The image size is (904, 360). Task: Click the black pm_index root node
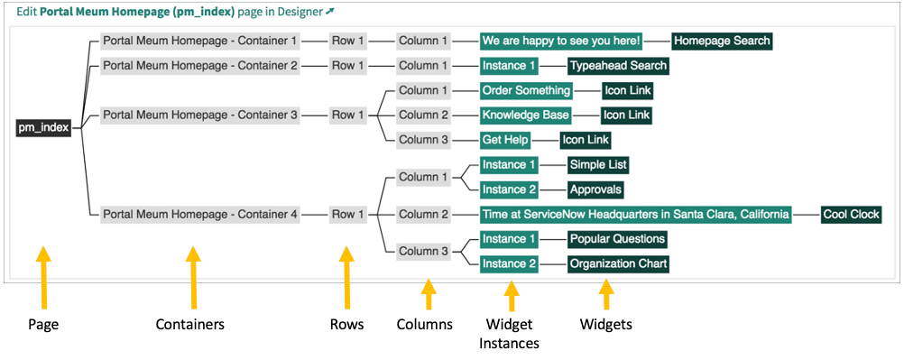coord(45,128)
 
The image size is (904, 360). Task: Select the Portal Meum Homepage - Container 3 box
coord(199,115)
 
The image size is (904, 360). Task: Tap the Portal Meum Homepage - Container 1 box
coord(199,41)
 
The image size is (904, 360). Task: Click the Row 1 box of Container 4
coord(348,214)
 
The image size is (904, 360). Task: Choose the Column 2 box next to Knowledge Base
coord(423,115)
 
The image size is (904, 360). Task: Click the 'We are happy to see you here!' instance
coord(561,41)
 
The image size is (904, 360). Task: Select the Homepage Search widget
coord(722,41)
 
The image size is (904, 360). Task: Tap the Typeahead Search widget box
coord(618,65)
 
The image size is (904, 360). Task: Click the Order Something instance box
coord(526,90)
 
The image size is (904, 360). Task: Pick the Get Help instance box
coord(506,140)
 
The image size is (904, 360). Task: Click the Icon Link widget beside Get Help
coord(586,140)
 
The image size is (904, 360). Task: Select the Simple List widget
coord(597,164)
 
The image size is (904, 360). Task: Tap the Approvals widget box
coord(595,189)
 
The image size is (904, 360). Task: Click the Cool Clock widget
coord(850,214)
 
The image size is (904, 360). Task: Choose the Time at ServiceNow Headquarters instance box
coord(635,214)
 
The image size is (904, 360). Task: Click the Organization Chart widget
coord(618,263)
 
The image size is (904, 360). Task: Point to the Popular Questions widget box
coord(616,239)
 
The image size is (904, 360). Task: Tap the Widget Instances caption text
coord(512,334)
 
